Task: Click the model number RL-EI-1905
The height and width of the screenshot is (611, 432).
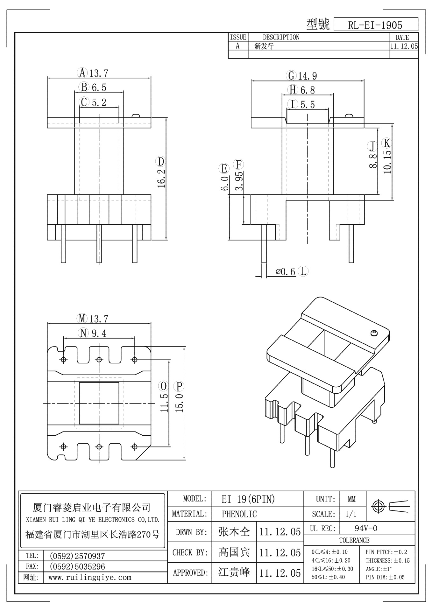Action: (x=375, y=25)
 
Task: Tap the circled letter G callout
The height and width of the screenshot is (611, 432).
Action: (x=291, y=76)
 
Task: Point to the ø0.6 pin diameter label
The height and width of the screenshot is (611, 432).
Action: (x=286, y=271)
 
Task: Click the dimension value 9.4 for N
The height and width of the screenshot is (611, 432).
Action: (x=99, y=333)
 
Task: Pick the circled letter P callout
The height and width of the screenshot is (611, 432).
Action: (x=179, y=386)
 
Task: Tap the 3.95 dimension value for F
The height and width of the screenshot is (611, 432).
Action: (x=239, y=181)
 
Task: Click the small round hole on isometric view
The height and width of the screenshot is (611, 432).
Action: (x=374, y=333)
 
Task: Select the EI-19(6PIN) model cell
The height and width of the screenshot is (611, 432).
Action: (x=248, y=499)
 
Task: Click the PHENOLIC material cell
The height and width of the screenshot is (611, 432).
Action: (x=239, y=514)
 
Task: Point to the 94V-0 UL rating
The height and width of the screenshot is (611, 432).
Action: (x=366, y=529)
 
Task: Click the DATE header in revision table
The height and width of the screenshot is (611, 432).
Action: (x=402, y=37)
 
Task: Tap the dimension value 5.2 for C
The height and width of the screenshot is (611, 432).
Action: (x=99, y=102)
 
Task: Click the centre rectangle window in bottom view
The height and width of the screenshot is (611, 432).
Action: (x=99, y=403)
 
